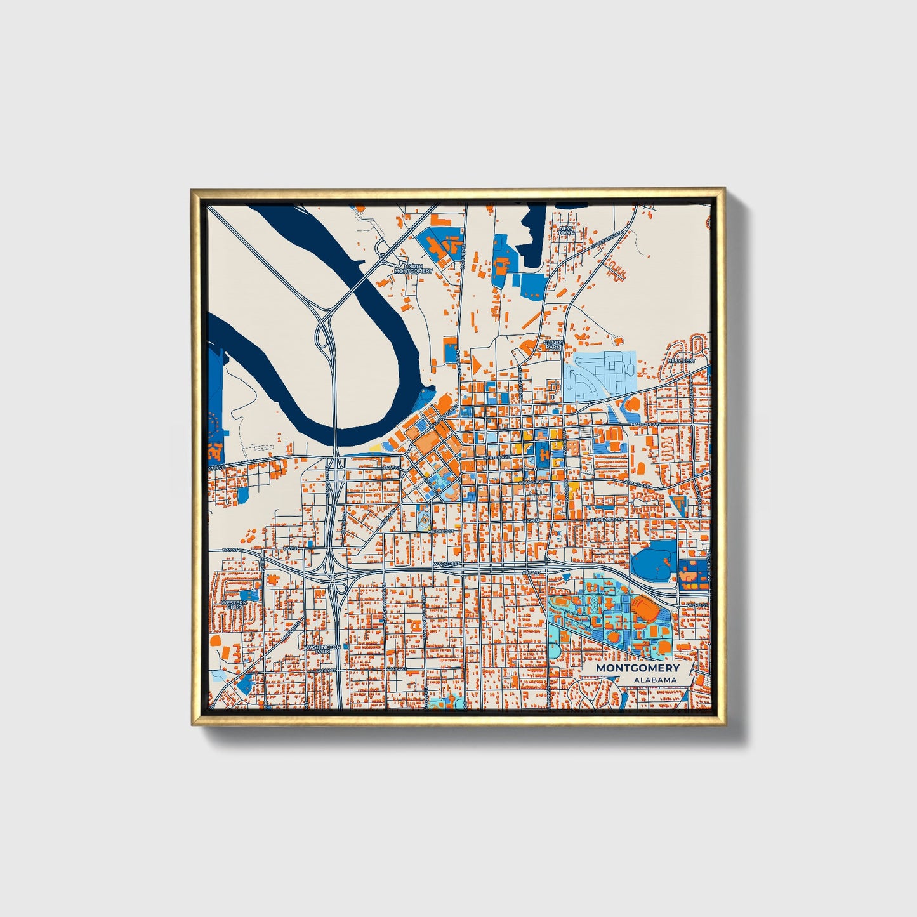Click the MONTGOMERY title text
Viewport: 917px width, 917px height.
coord(637,668)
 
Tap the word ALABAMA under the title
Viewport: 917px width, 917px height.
coord(654,680)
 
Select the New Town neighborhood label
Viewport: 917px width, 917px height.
coord(566,230)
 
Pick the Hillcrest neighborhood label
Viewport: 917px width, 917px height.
coord(681,360)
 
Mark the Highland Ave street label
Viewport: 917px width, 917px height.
coord(608,520)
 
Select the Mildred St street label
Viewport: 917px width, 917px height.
coord(441,531)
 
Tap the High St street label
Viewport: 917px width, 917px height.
coord(532,520)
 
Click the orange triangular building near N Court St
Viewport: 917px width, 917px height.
coord(474,364)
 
